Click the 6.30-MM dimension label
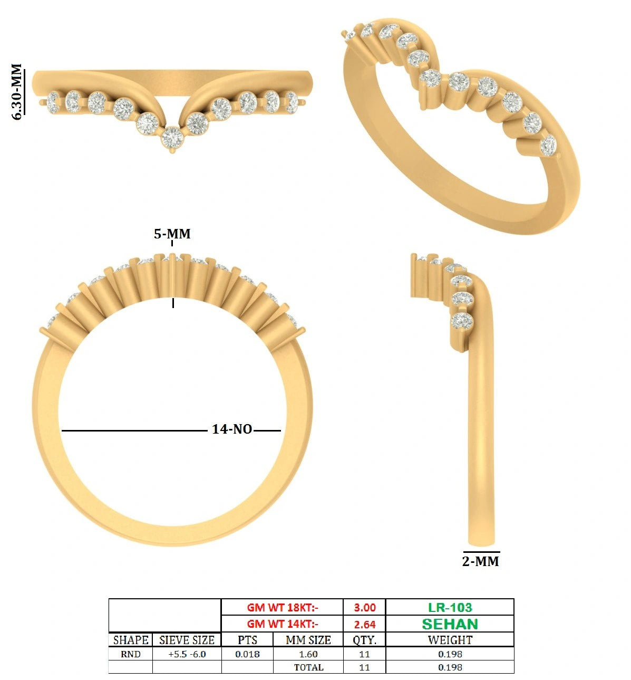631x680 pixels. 17,91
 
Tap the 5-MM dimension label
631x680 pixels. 172,234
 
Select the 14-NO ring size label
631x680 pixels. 232,429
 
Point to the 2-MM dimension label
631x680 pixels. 480,561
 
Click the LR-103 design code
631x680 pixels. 450,607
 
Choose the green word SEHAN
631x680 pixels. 450,624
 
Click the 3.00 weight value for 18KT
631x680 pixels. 365,607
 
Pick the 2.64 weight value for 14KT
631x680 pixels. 365,624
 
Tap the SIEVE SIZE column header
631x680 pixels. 187,640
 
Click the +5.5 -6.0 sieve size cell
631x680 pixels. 187,654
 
